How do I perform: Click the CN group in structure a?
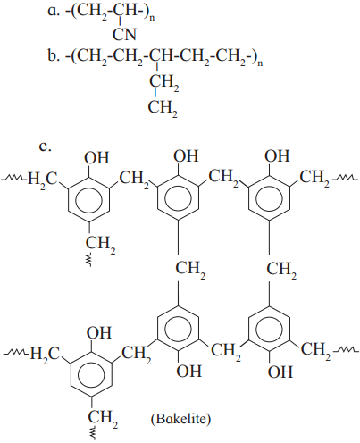tap(124, 34)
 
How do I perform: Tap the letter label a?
tap(52, 12)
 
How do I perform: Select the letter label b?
tap(53, 55)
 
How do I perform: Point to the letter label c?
tap(46, 146)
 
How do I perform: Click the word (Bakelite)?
tap(180, 419)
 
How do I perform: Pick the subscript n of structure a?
tap(152, 19)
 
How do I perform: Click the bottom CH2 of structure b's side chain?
tap(163, 108)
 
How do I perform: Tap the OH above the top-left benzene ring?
tap(96, 158)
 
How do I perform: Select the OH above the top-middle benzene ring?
tap(186, 155)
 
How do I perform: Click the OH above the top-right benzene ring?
tap(277, 155)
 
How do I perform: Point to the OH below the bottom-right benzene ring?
tap(280, 372)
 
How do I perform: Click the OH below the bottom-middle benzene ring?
tap(189, 371)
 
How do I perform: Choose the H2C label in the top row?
tap(42, 180)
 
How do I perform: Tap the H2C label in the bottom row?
tap(46, 355)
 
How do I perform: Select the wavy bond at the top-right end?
tap(344, 179)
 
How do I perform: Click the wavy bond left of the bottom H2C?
tap(15, 353)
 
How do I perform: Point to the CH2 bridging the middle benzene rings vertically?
tap(190, 271)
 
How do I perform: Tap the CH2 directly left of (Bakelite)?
tap(103, 419)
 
